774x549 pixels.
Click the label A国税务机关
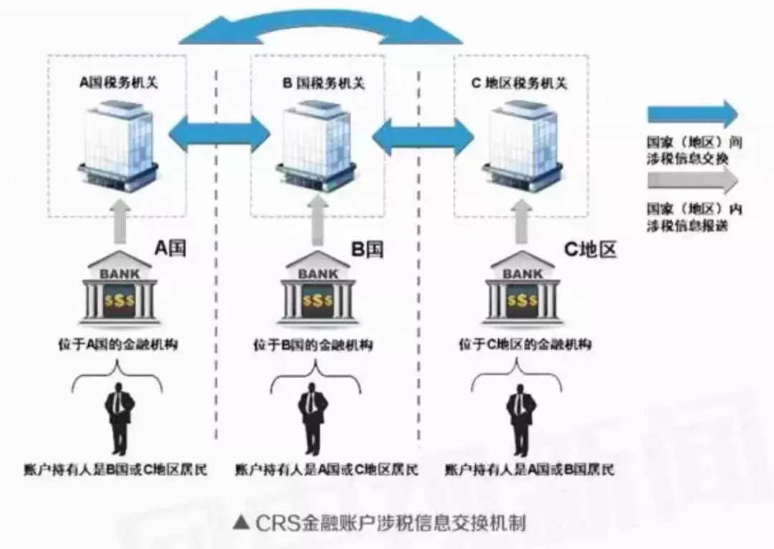click(x=118, y=83)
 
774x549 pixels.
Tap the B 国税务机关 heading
click(x=323, y=83)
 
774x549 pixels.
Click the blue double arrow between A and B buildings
click(x=218, y=135)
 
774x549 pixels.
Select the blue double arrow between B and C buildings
click(x=423, y=135)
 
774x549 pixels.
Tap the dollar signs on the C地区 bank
click(x=522, y=301)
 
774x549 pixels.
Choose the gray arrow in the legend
click(x=692, y=181)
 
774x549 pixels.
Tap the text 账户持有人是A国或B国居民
click(x=530, y=471)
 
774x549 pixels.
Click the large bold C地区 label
click(x=590, y=250)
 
